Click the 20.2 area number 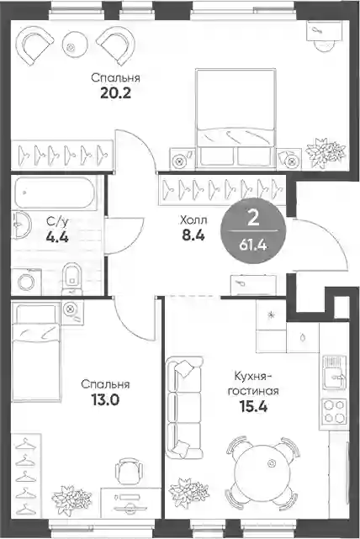pyautogui.click(x=115, y=93)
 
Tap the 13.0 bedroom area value pyautogui.click(x=105, y=399)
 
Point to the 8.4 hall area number pyautogui.click(x=193, y=235)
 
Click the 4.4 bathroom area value pyautogui.click(x=57, y=237)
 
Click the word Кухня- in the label pyautogui.click(x=253, y=376)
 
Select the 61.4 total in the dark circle pyautogui.click(x=253, y=245)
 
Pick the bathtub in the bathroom pyautogui.click(x=55, y=193)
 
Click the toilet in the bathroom pyautogui.click(x=71, y=278)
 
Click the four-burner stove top pyautogui.click(x=334, y=411)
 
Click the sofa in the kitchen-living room pyautogui.click(x=184, y=408)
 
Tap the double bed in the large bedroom pyautogui.click(x=236, y=118)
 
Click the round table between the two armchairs pyautogui.click(x=72, y=45)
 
